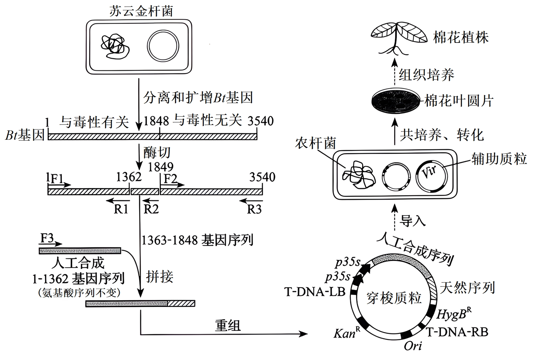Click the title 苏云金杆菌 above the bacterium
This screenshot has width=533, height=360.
[x=141, y=11]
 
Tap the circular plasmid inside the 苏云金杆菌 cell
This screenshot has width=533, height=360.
[x=163, y=46]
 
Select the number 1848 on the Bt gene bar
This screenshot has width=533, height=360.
[x=156, y=121]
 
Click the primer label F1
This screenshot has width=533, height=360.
[x=57, y=179]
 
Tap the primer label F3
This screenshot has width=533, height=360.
[x=47, y=238]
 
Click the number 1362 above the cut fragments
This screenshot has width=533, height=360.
[x=129, y=177]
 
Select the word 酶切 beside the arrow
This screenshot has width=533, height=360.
[x=157, y=153]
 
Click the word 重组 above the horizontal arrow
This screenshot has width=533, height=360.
[x=228, y=326]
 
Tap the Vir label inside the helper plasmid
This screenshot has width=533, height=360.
[x=429, y=172]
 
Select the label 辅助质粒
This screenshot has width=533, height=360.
[x=499, y=159]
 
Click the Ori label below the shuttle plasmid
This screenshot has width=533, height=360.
[x=413, y=346]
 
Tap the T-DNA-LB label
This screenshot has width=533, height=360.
[x=315, y=292]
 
